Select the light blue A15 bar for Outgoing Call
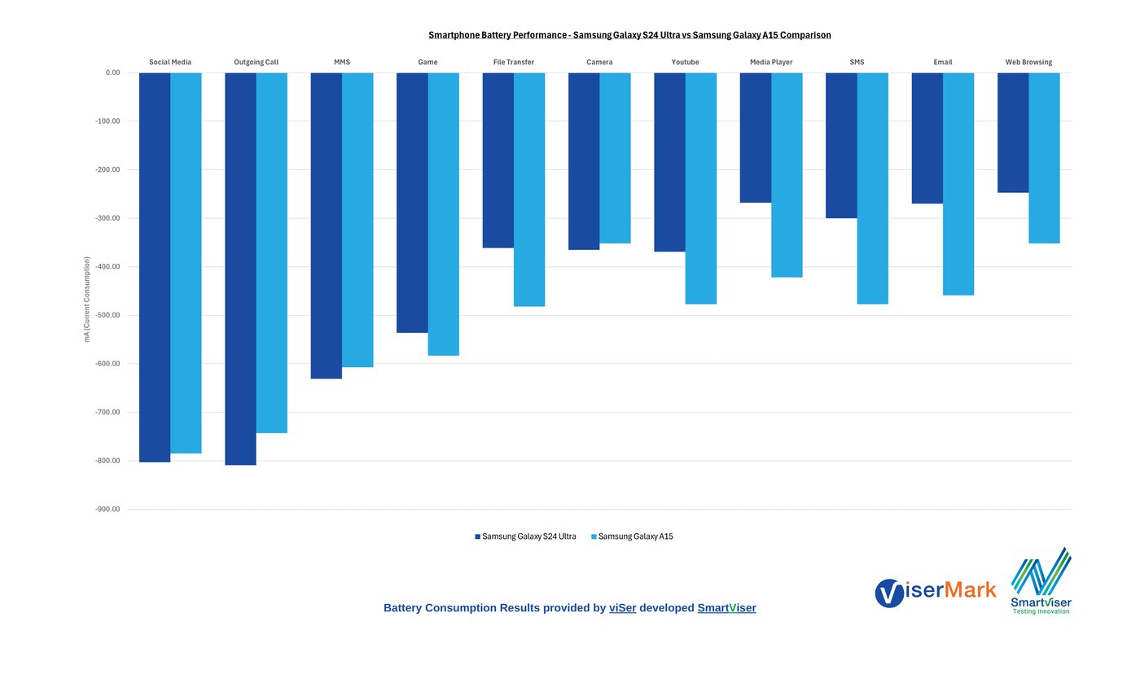click(272, 252)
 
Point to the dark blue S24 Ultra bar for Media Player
click(756, 138)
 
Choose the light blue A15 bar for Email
click(958, 184)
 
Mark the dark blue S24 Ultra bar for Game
click(412, 203)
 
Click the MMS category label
click(342, 63)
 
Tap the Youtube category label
click(685, 63)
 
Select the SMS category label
click(857, 63)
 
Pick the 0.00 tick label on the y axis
click(112, 73)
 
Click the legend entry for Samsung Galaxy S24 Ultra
click(526, 537)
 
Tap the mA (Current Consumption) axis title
click(87, 299)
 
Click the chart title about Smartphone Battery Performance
click(629, 36)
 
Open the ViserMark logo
click(936, 592)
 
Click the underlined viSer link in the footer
click(623, 608)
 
